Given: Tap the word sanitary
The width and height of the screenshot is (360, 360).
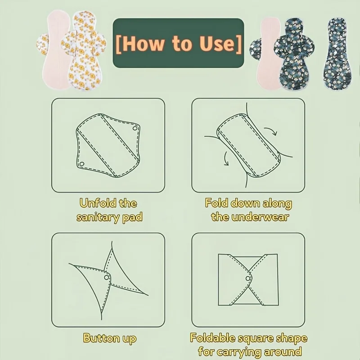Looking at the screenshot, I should click(98, 218).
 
